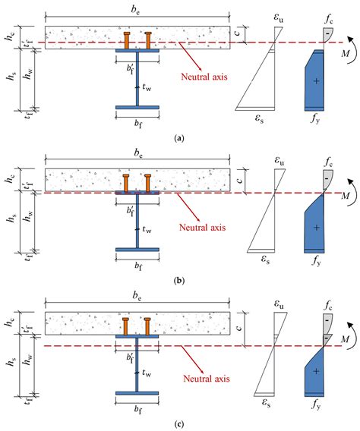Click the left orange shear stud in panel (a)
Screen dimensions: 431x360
[127, 39]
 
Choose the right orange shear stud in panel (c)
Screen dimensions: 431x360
[148, 324]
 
